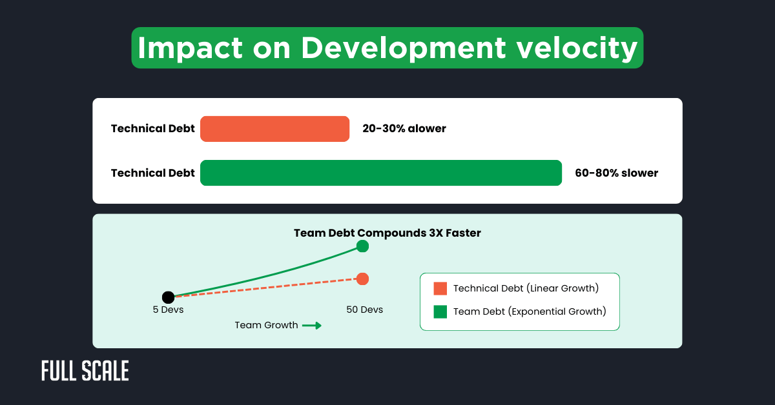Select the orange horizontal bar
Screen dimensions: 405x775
[x=274, y=129]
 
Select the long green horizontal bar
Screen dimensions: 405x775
[x=381, y=173]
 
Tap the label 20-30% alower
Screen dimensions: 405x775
[x=404, y=129]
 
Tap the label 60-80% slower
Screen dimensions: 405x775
[x=616, y=173]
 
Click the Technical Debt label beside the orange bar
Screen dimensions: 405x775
[x=152, y=129]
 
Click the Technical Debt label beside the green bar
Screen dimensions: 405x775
[x=152, y=173]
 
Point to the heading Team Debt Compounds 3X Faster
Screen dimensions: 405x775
[x=387, y=233]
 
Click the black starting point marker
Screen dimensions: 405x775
[x=168, y=297]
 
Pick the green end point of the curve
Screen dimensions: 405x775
[x=362, y=246]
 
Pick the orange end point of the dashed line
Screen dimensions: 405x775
[x=362, y=279]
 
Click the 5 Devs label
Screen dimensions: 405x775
[x=168, y=310]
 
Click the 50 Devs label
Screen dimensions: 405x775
[x=364, y=310]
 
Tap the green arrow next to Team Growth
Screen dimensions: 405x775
[x=312, y=326]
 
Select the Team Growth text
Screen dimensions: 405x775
[x=266, y=326]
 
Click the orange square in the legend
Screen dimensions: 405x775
[x=440, y=288]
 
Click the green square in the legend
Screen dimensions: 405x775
[x=440, y=311]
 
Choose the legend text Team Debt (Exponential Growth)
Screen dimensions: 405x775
[x=529, y=311]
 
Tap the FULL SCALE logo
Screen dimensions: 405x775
[x=85, y=371]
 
